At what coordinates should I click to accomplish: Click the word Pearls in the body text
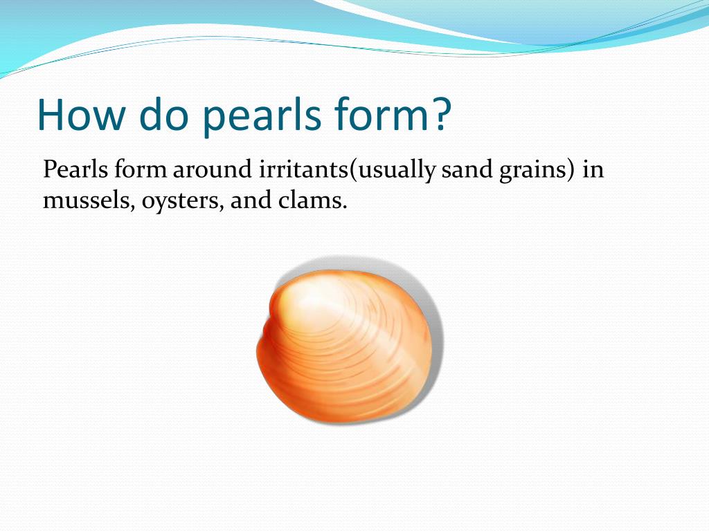75,170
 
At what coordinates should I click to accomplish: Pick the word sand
467,170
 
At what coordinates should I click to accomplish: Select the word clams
309,200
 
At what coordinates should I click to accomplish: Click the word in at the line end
593,170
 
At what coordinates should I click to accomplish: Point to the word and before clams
251,200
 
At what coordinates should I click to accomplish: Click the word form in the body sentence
141,170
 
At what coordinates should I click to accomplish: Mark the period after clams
344,207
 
